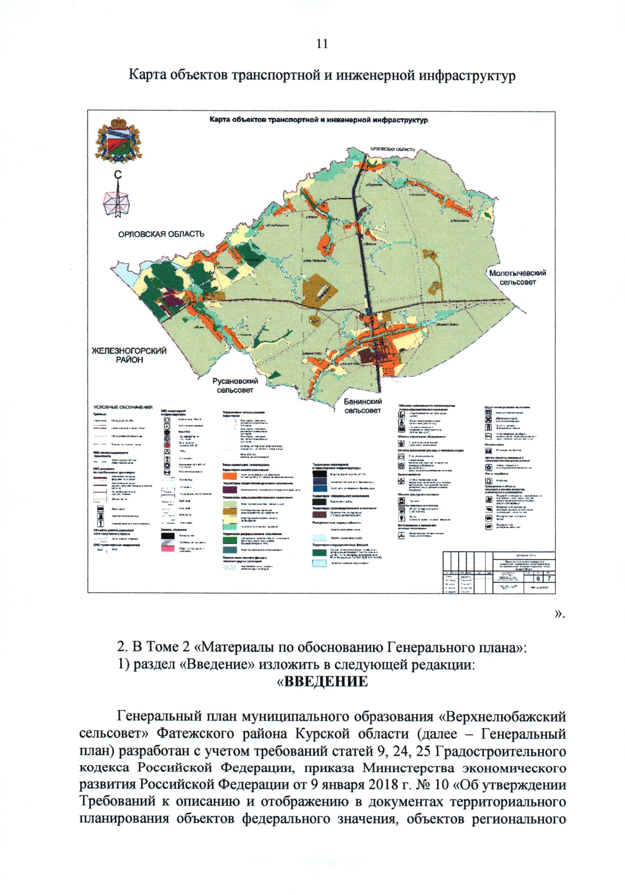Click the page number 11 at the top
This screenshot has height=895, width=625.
click(322, 44)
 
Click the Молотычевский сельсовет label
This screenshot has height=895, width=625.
click(517, 277)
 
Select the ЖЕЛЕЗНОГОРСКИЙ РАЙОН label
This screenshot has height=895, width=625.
click(129, 355)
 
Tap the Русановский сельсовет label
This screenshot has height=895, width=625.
click(235, 385)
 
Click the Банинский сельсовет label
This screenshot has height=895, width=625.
click(362, 406)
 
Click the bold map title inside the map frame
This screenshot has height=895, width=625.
click(318, 120)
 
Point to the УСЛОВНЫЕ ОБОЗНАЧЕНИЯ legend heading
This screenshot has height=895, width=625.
click(123, 407)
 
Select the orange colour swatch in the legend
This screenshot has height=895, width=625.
click(229, 476)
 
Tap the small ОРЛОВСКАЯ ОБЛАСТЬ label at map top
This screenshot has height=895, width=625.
click(392, 149)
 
